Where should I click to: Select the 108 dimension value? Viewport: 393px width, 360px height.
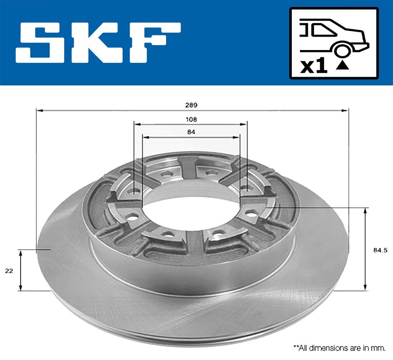191,120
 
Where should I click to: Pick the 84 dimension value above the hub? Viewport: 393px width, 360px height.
191,132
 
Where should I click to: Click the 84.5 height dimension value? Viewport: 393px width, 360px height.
380,250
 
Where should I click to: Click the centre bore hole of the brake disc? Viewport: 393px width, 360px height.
191,211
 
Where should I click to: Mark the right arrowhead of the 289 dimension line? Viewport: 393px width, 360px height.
345,111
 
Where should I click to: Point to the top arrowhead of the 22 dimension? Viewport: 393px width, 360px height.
21,253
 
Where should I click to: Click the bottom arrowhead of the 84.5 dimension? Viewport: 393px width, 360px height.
365,287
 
